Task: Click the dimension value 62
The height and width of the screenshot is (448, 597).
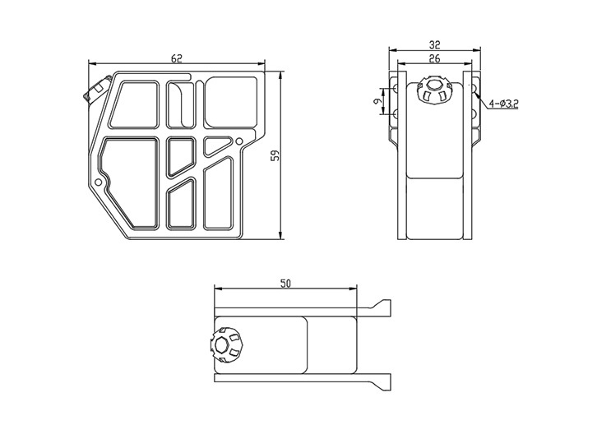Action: (x=177, y=58)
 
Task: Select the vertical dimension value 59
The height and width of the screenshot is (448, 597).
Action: (x=275, y=155)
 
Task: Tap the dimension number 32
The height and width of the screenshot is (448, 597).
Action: (x=434, y=45)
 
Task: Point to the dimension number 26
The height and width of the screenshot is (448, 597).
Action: (x=434, y=58)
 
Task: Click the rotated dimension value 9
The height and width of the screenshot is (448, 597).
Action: (x=377, y=101)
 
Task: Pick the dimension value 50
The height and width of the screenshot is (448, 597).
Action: (x=285, y=284)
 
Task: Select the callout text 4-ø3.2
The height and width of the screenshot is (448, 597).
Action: (x=504, y=104)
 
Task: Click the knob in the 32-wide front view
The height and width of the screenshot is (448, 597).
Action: (x=433, y=90)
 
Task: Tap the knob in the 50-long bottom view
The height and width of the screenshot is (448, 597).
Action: (x=226, y=346)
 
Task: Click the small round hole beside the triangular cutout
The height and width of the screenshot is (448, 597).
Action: (x=239, y=141)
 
